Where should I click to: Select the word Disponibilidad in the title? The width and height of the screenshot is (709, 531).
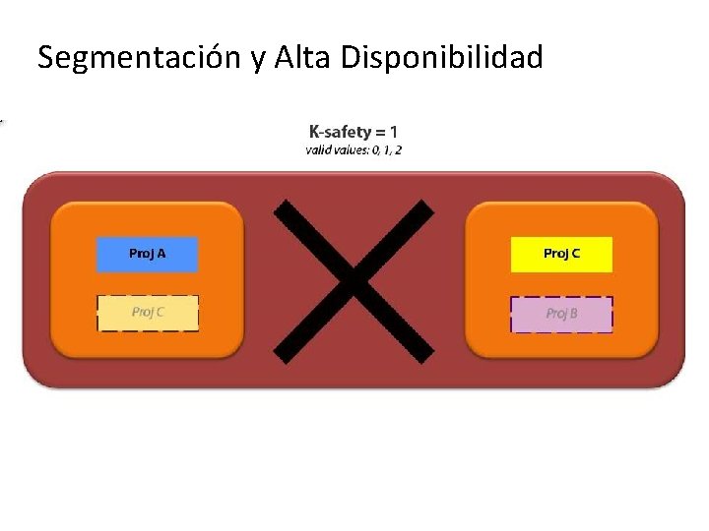point(442,58)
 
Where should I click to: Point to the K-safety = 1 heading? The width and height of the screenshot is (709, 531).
point(354,131)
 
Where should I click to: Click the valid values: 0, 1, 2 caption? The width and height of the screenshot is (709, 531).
point(354,150)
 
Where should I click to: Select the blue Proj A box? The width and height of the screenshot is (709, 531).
point(147,254)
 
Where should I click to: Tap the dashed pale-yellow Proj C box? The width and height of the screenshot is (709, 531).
point(148,313)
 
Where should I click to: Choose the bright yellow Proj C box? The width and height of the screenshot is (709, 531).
point(561,254)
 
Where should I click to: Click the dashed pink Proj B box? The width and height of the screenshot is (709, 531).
point(561,314)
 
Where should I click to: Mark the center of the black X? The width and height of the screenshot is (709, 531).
point(353,279)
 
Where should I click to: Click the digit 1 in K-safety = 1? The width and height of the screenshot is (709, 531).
point(394,131)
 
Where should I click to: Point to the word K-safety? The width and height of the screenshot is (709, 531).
point(340,131)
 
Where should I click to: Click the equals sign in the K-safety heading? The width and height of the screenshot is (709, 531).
point(379,132)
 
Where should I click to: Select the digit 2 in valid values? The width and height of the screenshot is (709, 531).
point(398,150)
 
